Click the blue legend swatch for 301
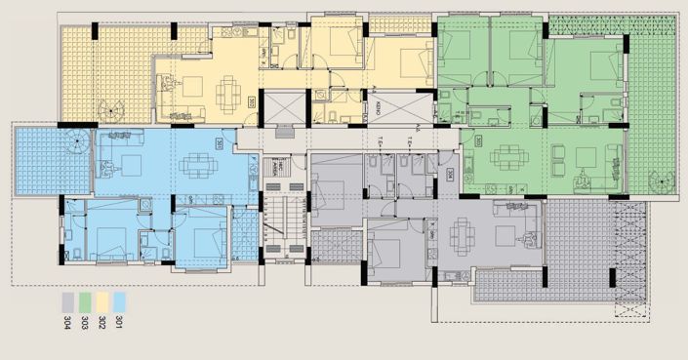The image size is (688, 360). point(119,299)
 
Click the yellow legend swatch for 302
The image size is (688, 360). point(101,299)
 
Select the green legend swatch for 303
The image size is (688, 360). point(84,299)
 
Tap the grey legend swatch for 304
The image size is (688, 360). point(66,299)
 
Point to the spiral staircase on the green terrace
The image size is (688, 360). point(658,180)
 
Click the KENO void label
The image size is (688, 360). point(376,109)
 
